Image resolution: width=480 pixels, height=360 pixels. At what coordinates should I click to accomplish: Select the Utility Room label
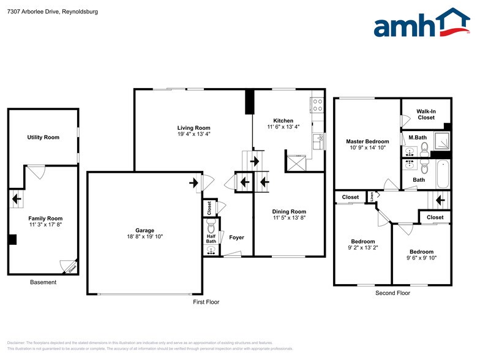[x=43, y=137]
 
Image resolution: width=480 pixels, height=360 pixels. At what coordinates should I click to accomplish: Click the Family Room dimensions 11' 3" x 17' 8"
[x=45, y=225]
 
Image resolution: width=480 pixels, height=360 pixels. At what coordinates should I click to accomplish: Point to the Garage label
[x=145, y=230]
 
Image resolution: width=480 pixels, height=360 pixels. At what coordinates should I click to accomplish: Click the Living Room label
[x=193, y=128]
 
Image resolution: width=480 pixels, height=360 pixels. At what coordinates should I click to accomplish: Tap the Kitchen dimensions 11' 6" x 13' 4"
[x=283, y=127]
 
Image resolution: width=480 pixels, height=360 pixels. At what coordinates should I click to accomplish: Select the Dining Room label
[x=289, y=211]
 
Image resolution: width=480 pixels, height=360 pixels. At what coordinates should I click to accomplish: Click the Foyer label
[x=236, y=238]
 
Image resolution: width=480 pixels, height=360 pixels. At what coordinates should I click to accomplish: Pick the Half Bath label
[x=211, y=238]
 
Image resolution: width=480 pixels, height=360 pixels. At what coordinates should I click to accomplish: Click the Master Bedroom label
[x=367, y=141]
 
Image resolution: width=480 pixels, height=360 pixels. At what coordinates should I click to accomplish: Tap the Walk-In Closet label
[x=426, y=114]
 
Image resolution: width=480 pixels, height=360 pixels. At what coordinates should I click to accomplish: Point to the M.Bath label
[x=418, y=137]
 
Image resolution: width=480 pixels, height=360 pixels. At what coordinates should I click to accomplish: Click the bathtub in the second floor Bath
[x=443, y=174]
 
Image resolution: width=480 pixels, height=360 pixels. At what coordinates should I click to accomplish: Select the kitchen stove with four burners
[x=317, y=105]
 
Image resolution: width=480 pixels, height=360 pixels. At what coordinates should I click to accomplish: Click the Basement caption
[x=43, y=282]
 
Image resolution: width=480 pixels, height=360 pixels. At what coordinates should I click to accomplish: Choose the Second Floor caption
[x=392, y=293]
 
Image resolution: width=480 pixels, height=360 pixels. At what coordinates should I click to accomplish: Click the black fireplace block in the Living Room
[x=249, y=102]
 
